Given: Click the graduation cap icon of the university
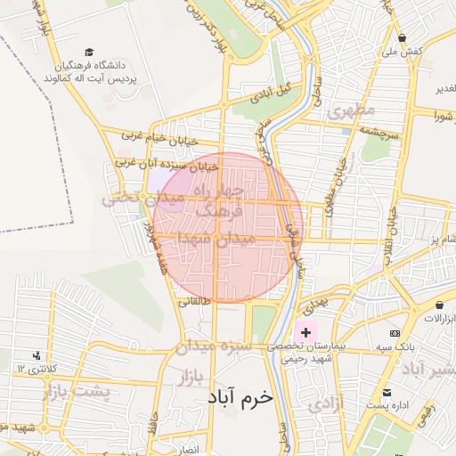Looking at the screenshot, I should [x=88, y=53].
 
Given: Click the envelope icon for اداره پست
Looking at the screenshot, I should [x=386, y=393].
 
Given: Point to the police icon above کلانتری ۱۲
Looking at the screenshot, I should [x=35, y=355].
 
